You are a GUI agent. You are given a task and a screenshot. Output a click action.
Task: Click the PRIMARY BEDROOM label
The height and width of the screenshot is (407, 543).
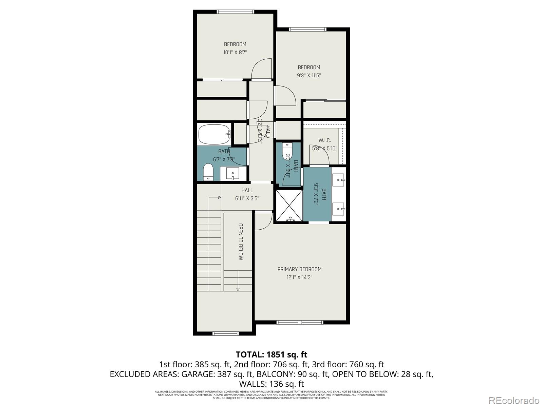(x=299, y=269)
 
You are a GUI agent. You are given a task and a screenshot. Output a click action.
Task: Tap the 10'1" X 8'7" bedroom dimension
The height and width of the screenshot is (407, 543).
(x=235, y=53)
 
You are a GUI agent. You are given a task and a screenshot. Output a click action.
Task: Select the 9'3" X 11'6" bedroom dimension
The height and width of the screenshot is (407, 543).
(x=309, y=76)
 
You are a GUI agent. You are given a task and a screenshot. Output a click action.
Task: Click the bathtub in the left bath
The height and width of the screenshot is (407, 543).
(x=214, y=134)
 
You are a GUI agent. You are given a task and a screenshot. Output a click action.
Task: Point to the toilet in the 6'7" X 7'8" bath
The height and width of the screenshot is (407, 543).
(x=208, y=172)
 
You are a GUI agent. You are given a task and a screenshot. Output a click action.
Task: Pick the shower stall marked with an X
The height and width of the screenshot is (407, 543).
(x=288, y=206)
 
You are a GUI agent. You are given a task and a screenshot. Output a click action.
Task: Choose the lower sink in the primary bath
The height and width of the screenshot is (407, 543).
(x=338, y=209)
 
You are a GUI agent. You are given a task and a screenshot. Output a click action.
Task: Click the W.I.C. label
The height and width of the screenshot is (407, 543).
(x=324, y=140)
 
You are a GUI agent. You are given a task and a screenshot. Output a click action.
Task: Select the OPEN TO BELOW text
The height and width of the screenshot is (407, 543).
(x=240, y=241)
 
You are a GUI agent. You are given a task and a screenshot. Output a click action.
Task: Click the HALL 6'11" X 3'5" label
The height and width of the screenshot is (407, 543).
(x=247, y=194)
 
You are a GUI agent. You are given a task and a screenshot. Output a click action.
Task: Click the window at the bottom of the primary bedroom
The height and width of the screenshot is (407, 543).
(x=300, y=322)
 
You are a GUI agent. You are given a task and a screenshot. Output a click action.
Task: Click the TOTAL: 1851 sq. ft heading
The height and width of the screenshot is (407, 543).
(x=271, y=354)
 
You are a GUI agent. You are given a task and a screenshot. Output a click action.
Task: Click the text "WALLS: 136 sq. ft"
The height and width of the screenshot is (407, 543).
(x=271, y=384)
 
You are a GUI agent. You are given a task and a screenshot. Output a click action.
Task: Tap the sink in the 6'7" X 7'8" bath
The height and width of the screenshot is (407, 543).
(x=233, y=173)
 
